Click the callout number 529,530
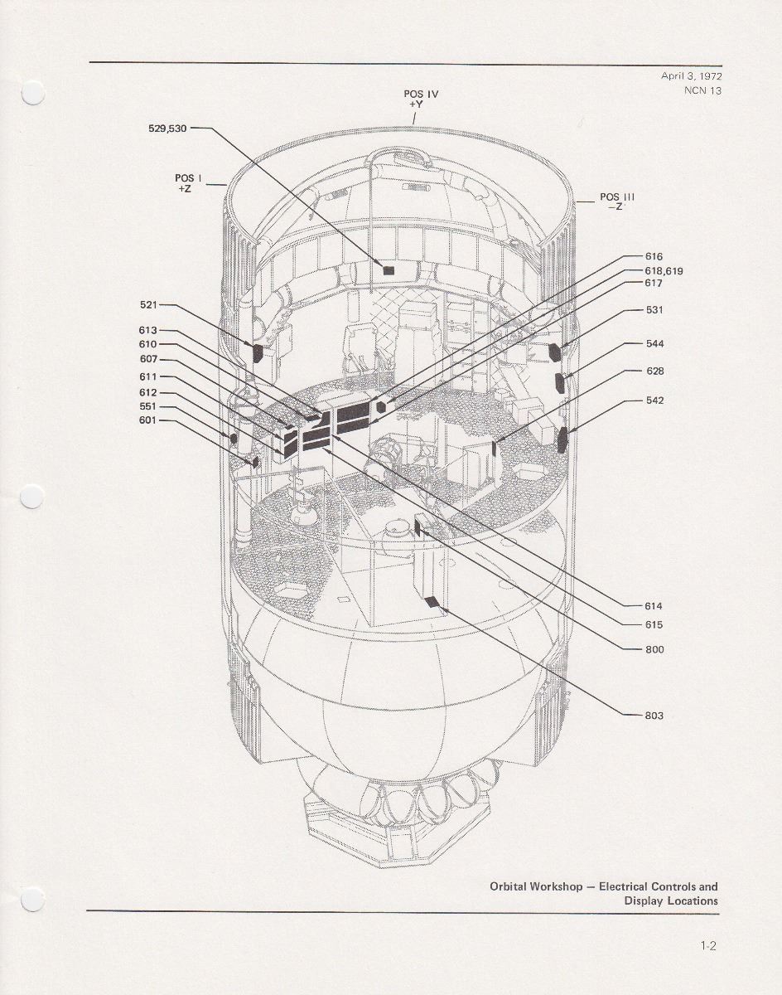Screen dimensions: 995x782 pyautogui.click(x=167, y=129)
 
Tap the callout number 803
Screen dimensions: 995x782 pyautogui.click(x=654, y=716)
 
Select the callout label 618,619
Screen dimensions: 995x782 pyautogui.click(x=664, y=270)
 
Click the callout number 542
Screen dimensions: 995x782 pyautogui.click(x=654, y=400)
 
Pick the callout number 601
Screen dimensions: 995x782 pyautogui.click(x=147, y=420)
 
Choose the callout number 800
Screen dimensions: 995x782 pyautogui.click(x=654, y=649)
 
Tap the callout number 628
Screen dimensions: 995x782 pyautogui.click(x=654, y=371)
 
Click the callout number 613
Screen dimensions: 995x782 pyautogui.click(x=147, y=330)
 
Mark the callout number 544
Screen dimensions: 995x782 pyautogui.click(x=654, y=343)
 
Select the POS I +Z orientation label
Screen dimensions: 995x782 pyautogui.click(x=184, y=183)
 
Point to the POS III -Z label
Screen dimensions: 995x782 pyautogui.click(x=617, y=202)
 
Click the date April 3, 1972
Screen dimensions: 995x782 pyautogui.click(x=691, y=75)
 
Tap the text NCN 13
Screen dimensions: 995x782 pyautogui.click(x=702, y=90)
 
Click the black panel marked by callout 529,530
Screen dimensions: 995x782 pyautogui.click(x=388, y=269)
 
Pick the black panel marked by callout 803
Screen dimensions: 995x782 pyautogui.click(x=431, y=602)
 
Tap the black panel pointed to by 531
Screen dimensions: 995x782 pyautogui.click(x=554, y=352)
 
